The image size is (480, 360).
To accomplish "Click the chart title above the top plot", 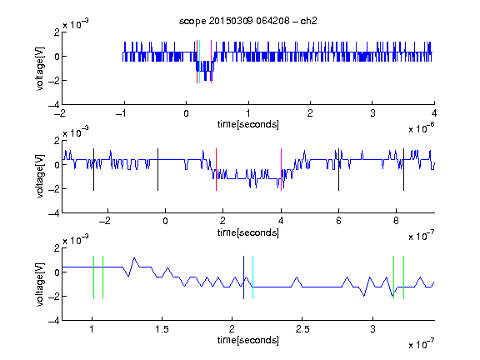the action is (x=248, y=21).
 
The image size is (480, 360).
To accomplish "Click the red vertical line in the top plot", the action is (x=197, y=62).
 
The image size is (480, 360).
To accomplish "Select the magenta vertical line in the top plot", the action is (x=211, y=62).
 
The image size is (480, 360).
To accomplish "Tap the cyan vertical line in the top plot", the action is (x=200, y=62).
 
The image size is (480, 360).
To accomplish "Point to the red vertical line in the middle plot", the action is (x=216, y=170).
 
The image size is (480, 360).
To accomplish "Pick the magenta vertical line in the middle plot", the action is (x=281, y=170).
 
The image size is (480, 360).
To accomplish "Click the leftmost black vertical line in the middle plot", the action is (x=93, y=170).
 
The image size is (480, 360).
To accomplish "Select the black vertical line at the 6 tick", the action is (x=338, y=170).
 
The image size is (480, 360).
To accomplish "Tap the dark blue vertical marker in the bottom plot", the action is (x=243, y=277).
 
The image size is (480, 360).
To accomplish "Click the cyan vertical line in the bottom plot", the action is (x=252, y=277).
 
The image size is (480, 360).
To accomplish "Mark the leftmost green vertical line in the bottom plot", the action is (x=93, y=277).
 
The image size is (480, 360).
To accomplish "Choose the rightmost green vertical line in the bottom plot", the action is (x=404, y=277).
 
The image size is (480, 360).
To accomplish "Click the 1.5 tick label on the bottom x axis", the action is (x=162, y=329).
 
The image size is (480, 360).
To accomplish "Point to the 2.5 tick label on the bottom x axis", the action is (x=302, y=329).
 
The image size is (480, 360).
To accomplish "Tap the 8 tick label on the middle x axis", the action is (x=396, y=221).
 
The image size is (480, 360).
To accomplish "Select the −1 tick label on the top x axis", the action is (x=121, y=113).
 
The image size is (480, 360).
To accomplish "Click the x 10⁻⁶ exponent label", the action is (x=422, y=128).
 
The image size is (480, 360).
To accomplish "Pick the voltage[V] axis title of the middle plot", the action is (x=40, y=177).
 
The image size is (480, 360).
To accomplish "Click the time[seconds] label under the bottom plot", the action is (x=248, y=340).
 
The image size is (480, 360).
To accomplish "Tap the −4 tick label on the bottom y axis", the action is (x=54, y=320).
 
